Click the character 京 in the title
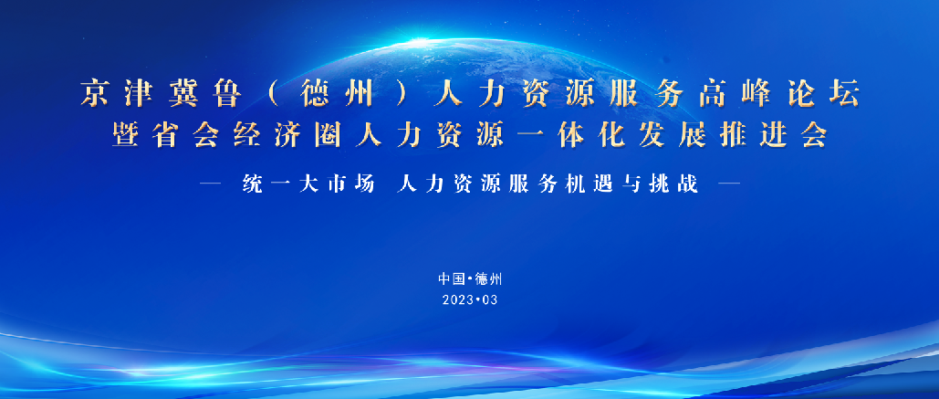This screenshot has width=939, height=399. coord(96,94)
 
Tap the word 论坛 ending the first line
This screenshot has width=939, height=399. coord(819,94)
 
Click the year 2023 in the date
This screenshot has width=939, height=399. coord(456,299)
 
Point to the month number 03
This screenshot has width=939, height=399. coord(492,299)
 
